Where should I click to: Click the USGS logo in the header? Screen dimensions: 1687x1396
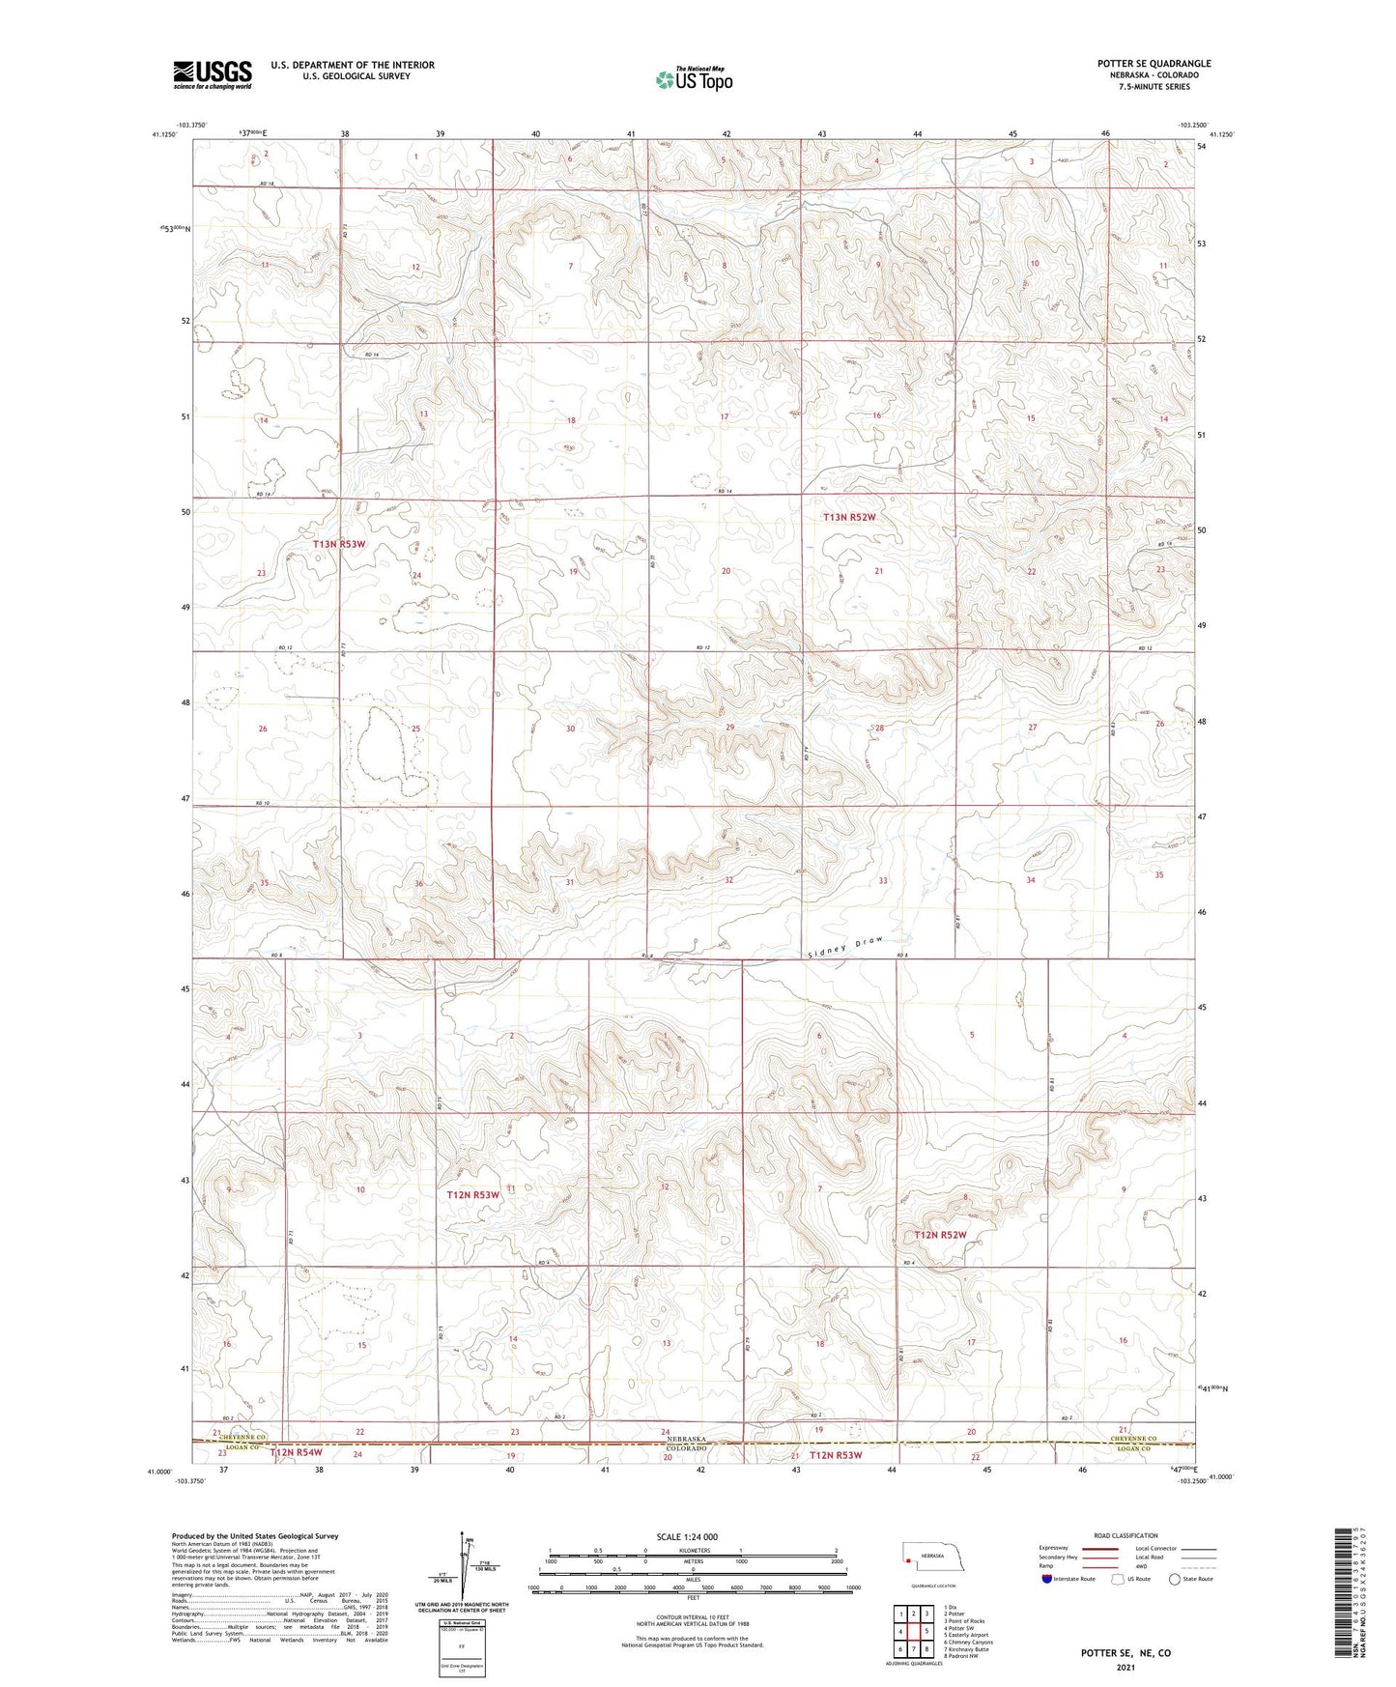[213, 73]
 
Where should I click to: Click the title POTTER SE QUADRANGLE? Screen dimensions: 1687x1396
[1154, 64]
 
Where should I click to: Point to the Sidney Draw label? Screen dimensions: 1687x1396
[845, 946]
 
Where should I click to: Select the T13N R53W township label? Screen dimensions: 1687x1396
[339, 545]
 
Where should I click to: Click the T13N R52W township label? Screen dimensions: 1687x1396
[849, 518]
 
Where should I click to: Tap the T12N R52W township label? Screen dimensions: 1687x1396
[940, 1235]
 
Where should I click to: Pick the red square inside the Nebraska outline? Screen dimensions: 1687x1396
[909, 1558]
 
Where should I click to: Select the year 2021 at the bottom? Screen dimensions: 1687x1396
[1125, 1668]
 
